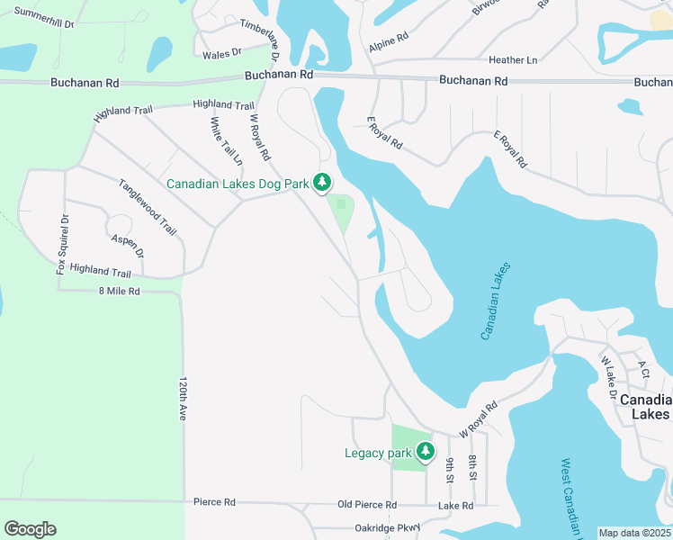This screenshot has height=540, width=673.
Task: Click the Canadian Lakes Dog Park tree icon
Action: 322,183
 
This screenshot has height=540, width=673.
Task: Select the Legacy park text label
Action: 377,453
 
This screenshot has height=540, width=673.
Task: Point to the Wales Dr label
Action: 222,54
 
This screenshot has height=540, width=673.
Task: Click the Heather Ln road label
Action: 512,60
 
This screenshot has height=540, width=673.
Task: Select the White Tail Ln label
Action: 227,141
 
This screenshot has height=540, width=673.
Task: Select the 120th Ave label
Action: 182,399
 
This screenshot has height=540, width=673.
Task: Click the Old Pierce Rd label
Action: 366,505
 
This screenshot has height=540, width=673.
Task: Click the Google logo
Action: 30,529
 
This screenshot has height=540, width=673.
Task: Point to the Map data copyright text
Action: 635,533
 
